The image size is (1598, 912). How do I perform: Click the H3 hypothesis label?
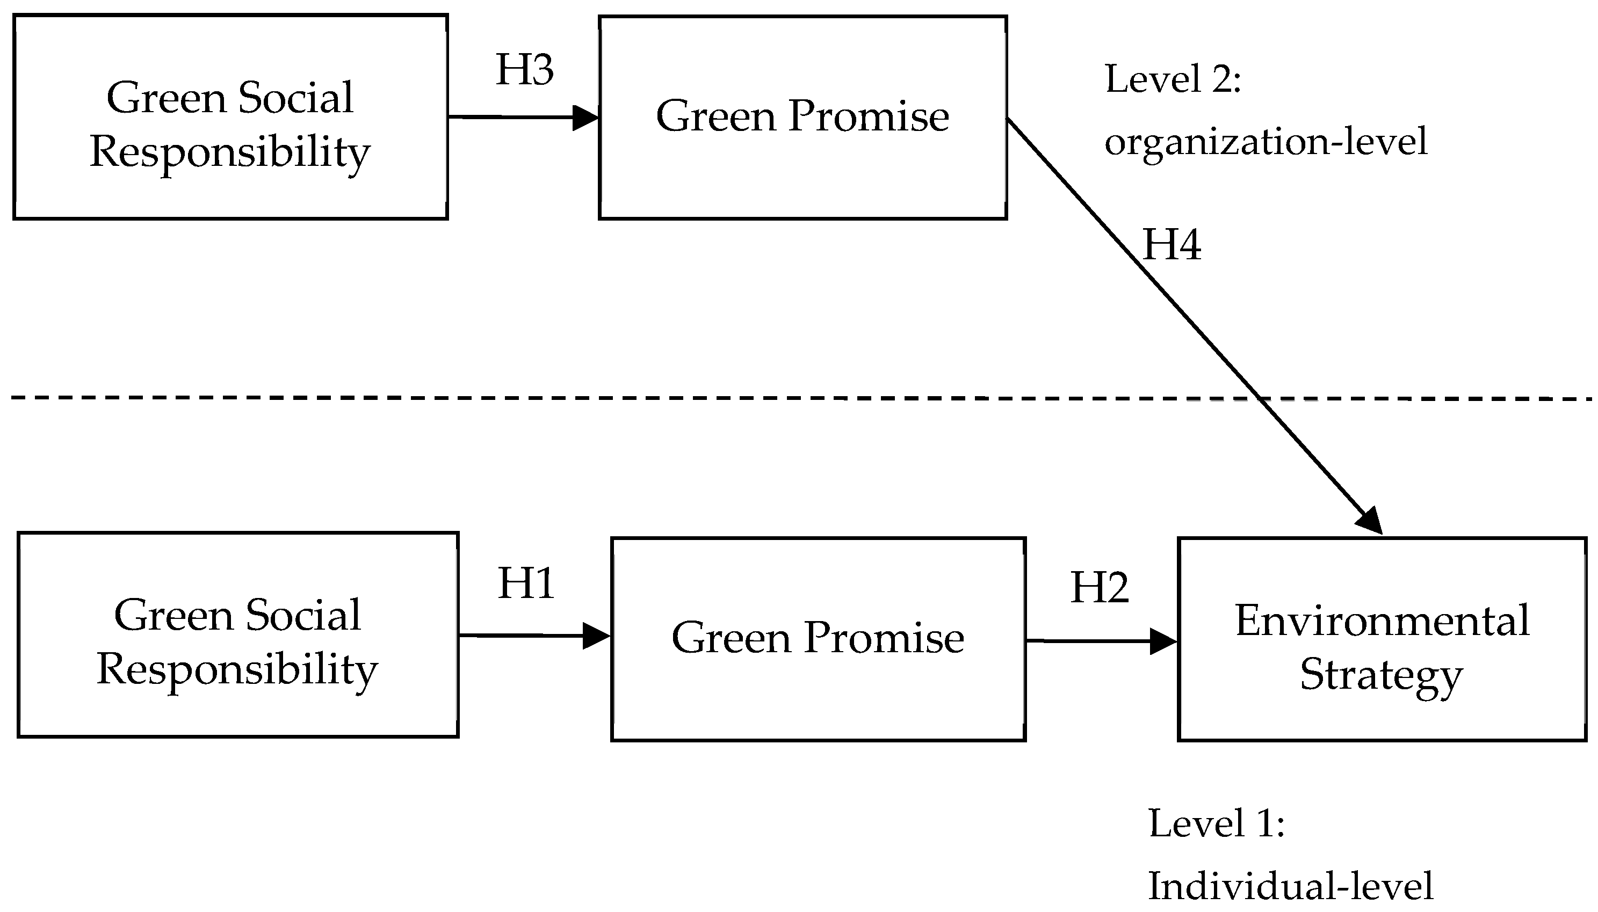click(x=524, y=70)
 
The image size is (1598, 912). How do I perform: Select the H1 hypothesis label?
click(x=526, y=584)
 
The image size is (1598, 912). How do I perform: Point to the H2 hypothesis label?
click(x=1099, y=588)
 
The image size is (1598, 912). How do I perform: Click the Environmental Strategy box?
click(x=1382, y=639)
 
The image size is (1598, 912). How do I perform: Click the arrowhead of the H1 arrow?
click(x=597, y=636)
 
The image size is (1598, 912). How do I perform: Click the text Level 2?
click(x=1173, y=79)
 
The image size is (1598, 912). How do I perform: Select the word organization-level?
click(x=1266, y=142)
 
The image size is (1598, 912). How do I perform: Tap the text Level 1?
click(x=1216, y=823)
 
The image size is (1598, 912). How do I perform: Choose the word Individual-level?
click(x=1290, y=886)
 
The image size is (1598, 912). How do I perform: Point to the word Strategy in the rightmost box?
click(x=1381, y=675)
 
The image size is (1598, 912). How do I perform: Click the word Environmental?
click(x=1382, y=620)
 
